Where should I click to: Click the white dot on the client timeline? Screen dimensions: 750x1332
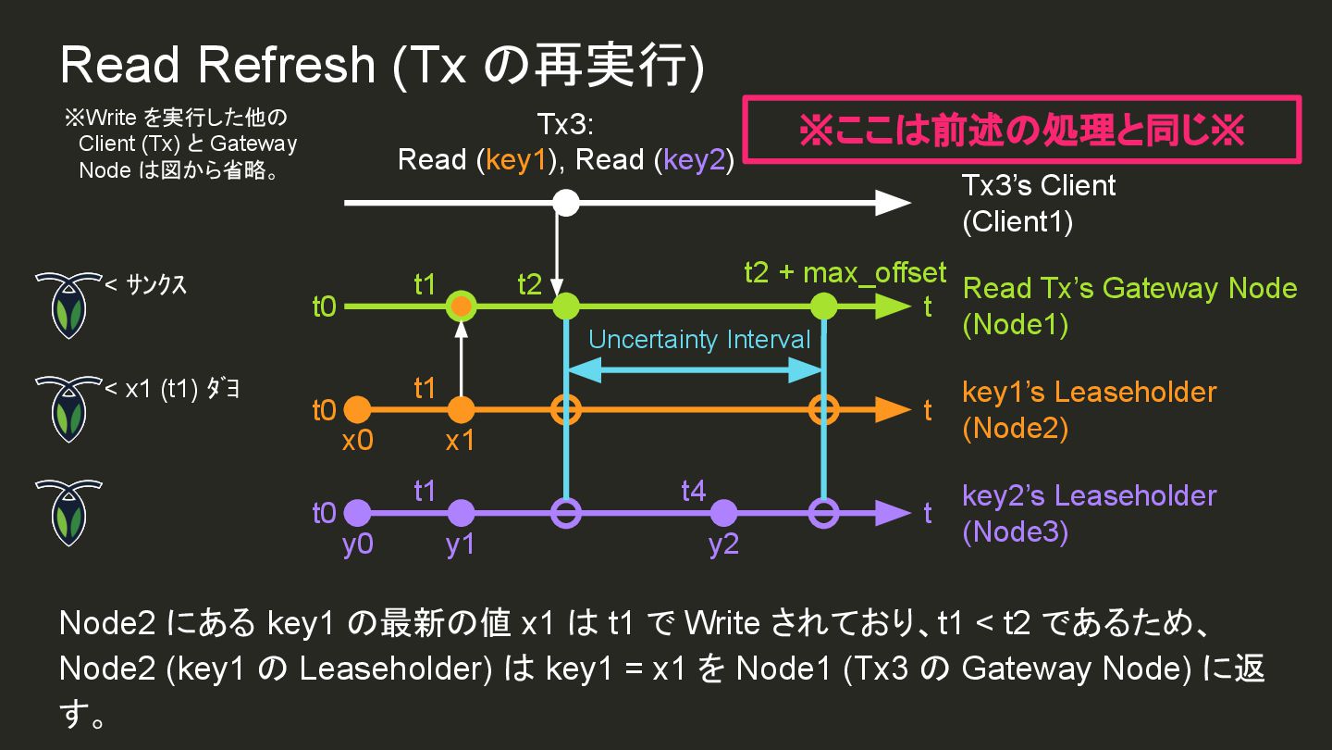565,203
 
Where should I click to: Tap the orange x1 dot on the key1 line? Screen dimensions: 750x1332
461,409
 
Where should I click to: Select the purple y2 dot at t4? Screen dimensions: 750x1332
723,512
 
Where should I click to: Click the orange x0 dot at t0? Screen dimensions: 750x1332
357,409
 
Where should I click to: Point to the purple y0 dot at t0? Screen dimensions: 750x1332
357,512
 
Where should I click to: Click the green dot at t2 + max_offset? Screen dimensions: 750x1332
822,306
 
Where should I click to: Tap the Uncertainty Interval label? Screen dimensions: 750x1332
699,340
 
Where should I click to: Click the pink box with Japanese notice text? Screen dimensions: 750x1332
1022,130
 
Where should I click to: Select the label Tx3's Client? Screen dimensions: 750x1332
1039,186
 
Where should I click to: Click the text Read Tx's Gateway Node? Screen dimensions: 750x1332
1129,289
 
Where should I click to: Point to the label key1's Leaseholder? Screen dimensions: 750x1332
1089,392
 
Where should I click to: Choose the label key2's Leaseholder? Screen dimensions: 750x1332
1089,495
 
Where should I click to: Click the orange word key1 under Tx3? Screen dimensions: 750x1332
519,160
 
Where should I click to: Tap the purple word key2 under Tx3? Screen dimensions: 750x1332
697,160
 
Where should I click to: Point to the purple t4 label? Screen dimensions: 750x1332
694,490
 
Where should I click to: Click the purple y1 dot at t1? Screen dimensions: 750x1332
461,512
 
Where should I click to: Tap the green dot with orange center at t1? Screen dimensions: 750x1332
461,306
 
